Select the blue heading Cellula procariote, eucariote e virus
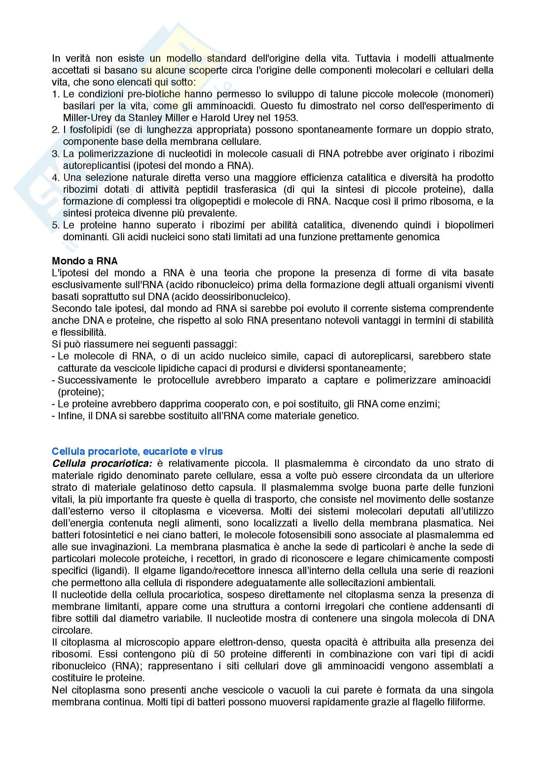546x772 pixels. tap(137, 451)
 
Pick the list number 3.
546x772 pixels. tap(55, 154)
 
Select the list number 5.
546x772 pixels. tap(55, 225)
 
